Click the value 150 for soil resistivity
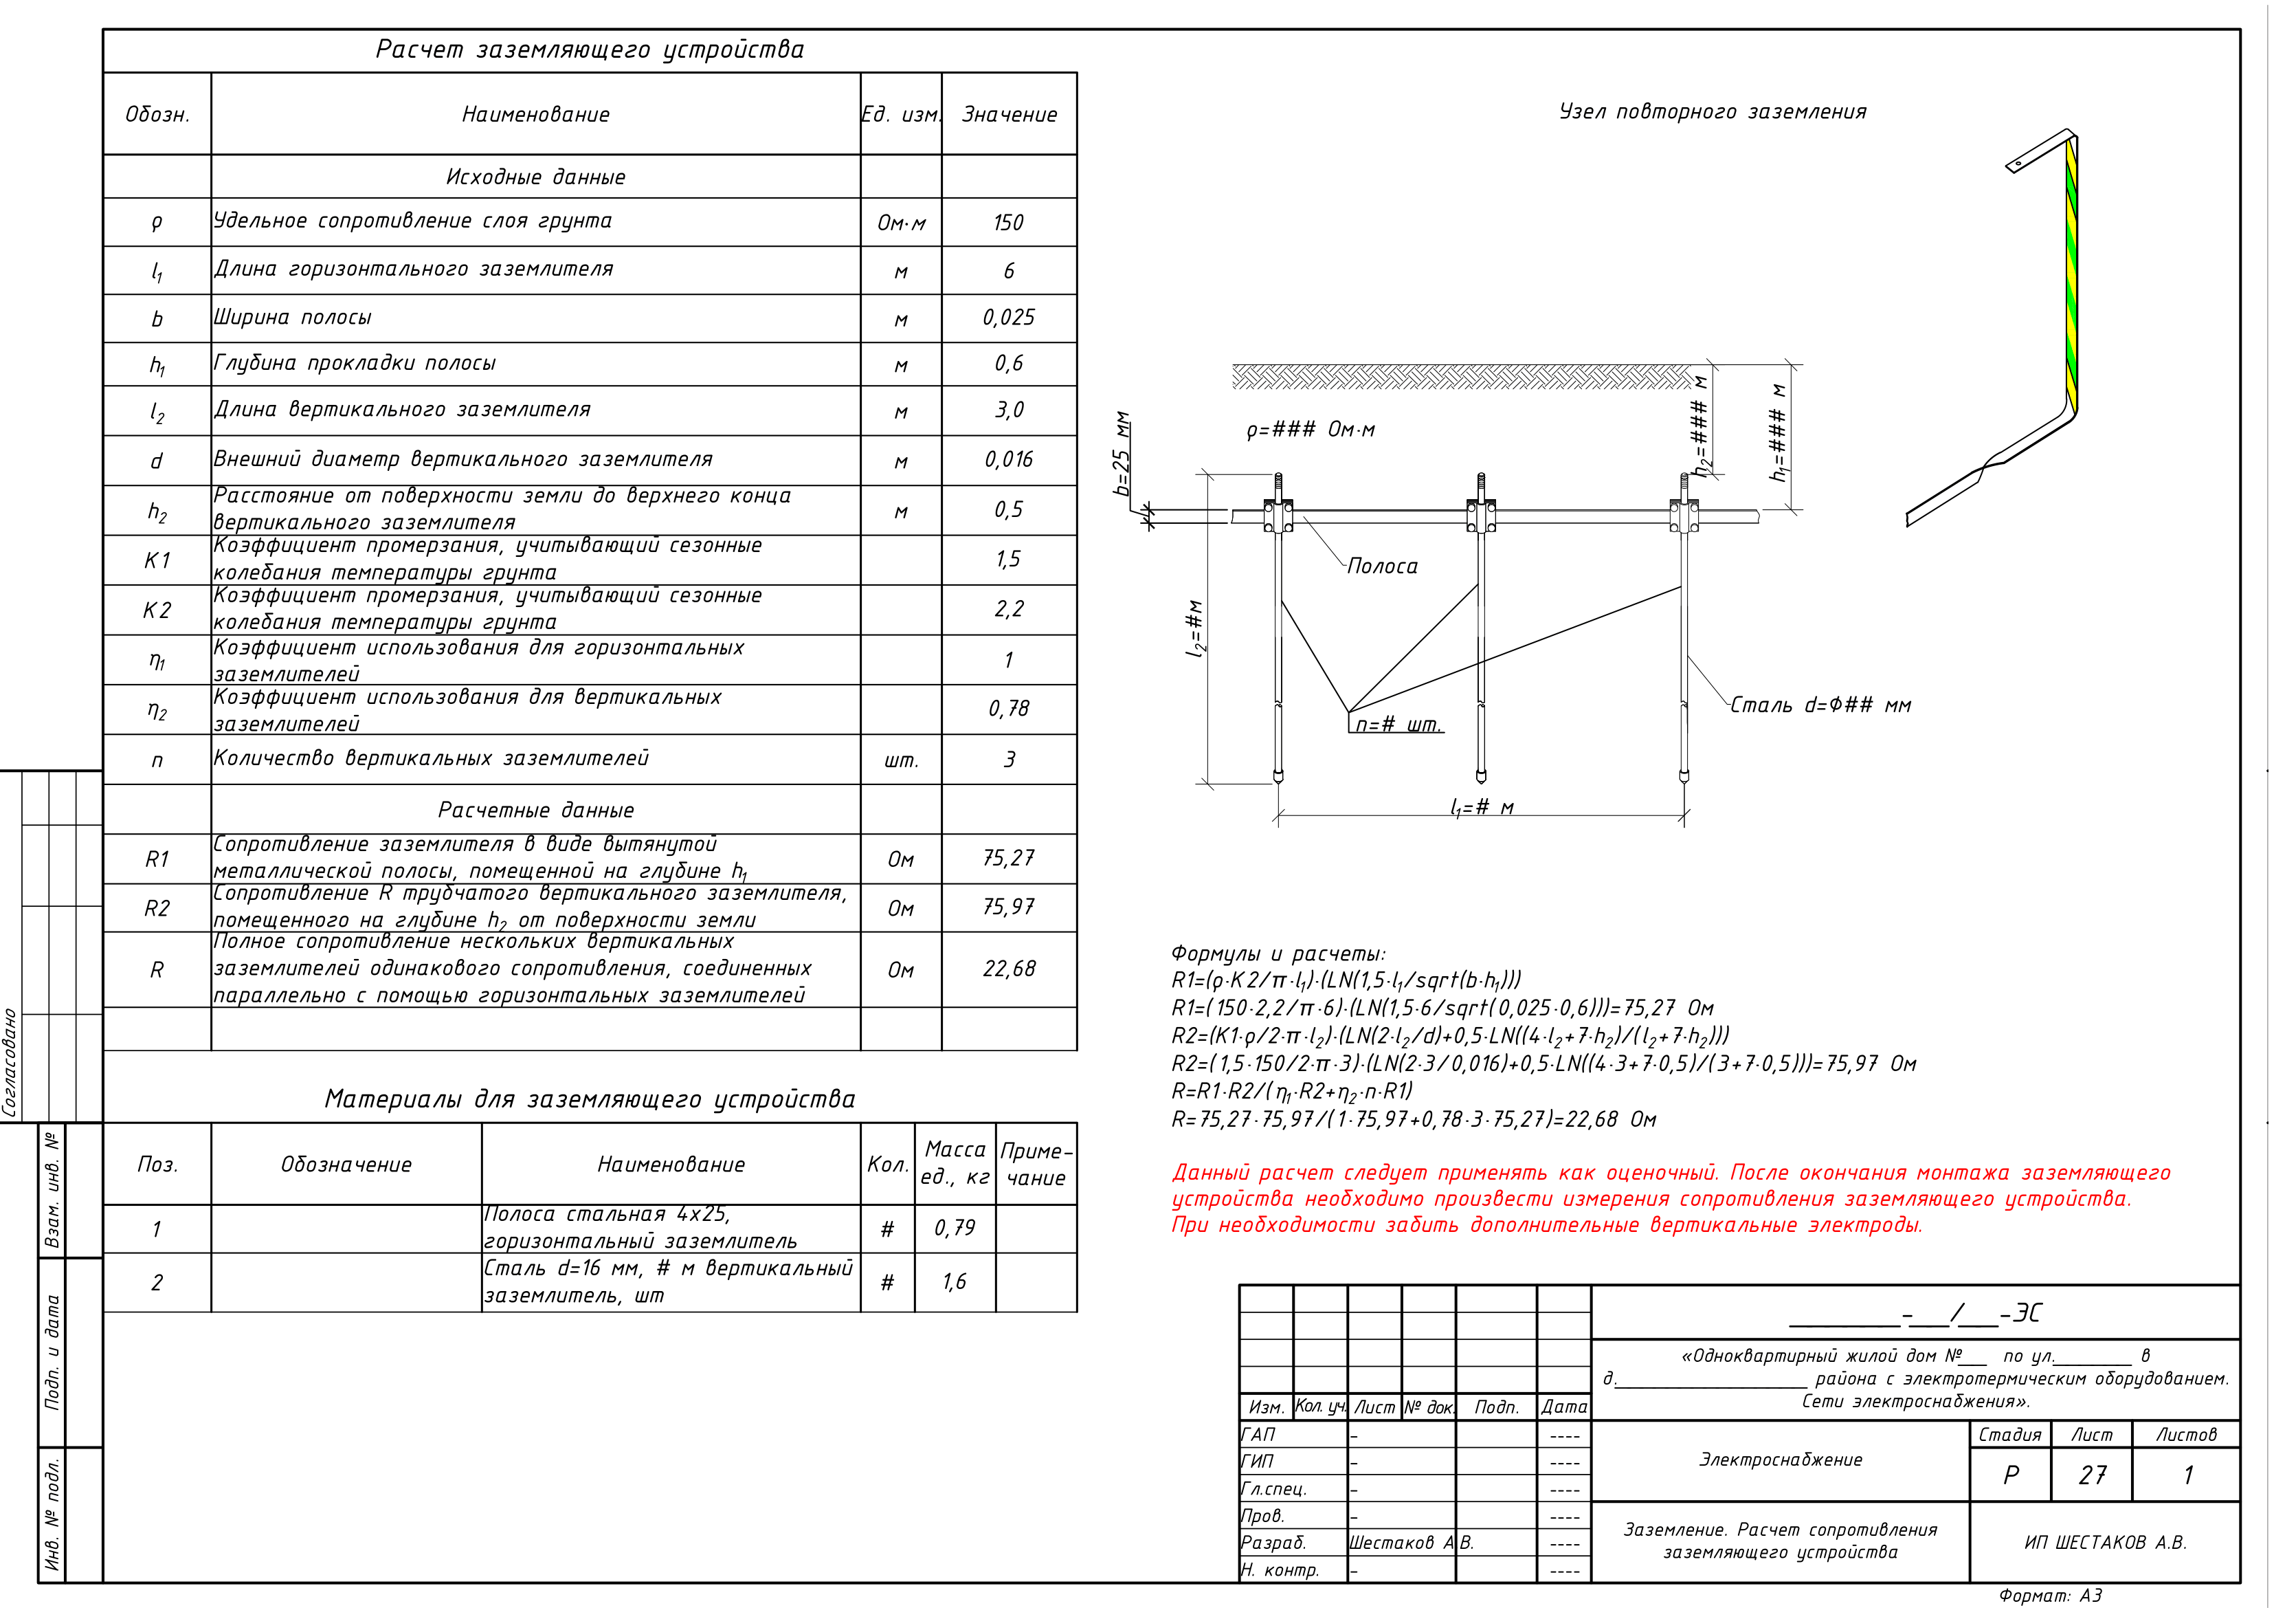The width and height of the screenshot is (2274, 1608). pos(1008,223)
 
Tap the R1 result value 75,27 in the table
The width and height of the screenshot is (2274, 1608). pos(1008,858)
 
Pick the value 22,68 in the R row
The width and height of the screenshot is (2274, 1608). pos(1008,969)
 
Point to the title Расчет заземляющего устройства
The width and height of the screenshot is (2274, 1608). pos(590,49)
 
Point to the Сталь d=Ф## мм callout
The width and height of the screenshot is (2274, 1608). pos(1820,705)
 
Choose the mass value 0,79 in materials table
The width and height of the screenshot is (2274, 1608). pos(955,1229)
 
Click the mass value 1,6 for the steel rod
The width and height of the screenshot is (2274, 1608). pos(955,1282)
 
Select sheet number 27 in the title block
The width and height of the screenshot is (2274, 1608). pos(2092,1475)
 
